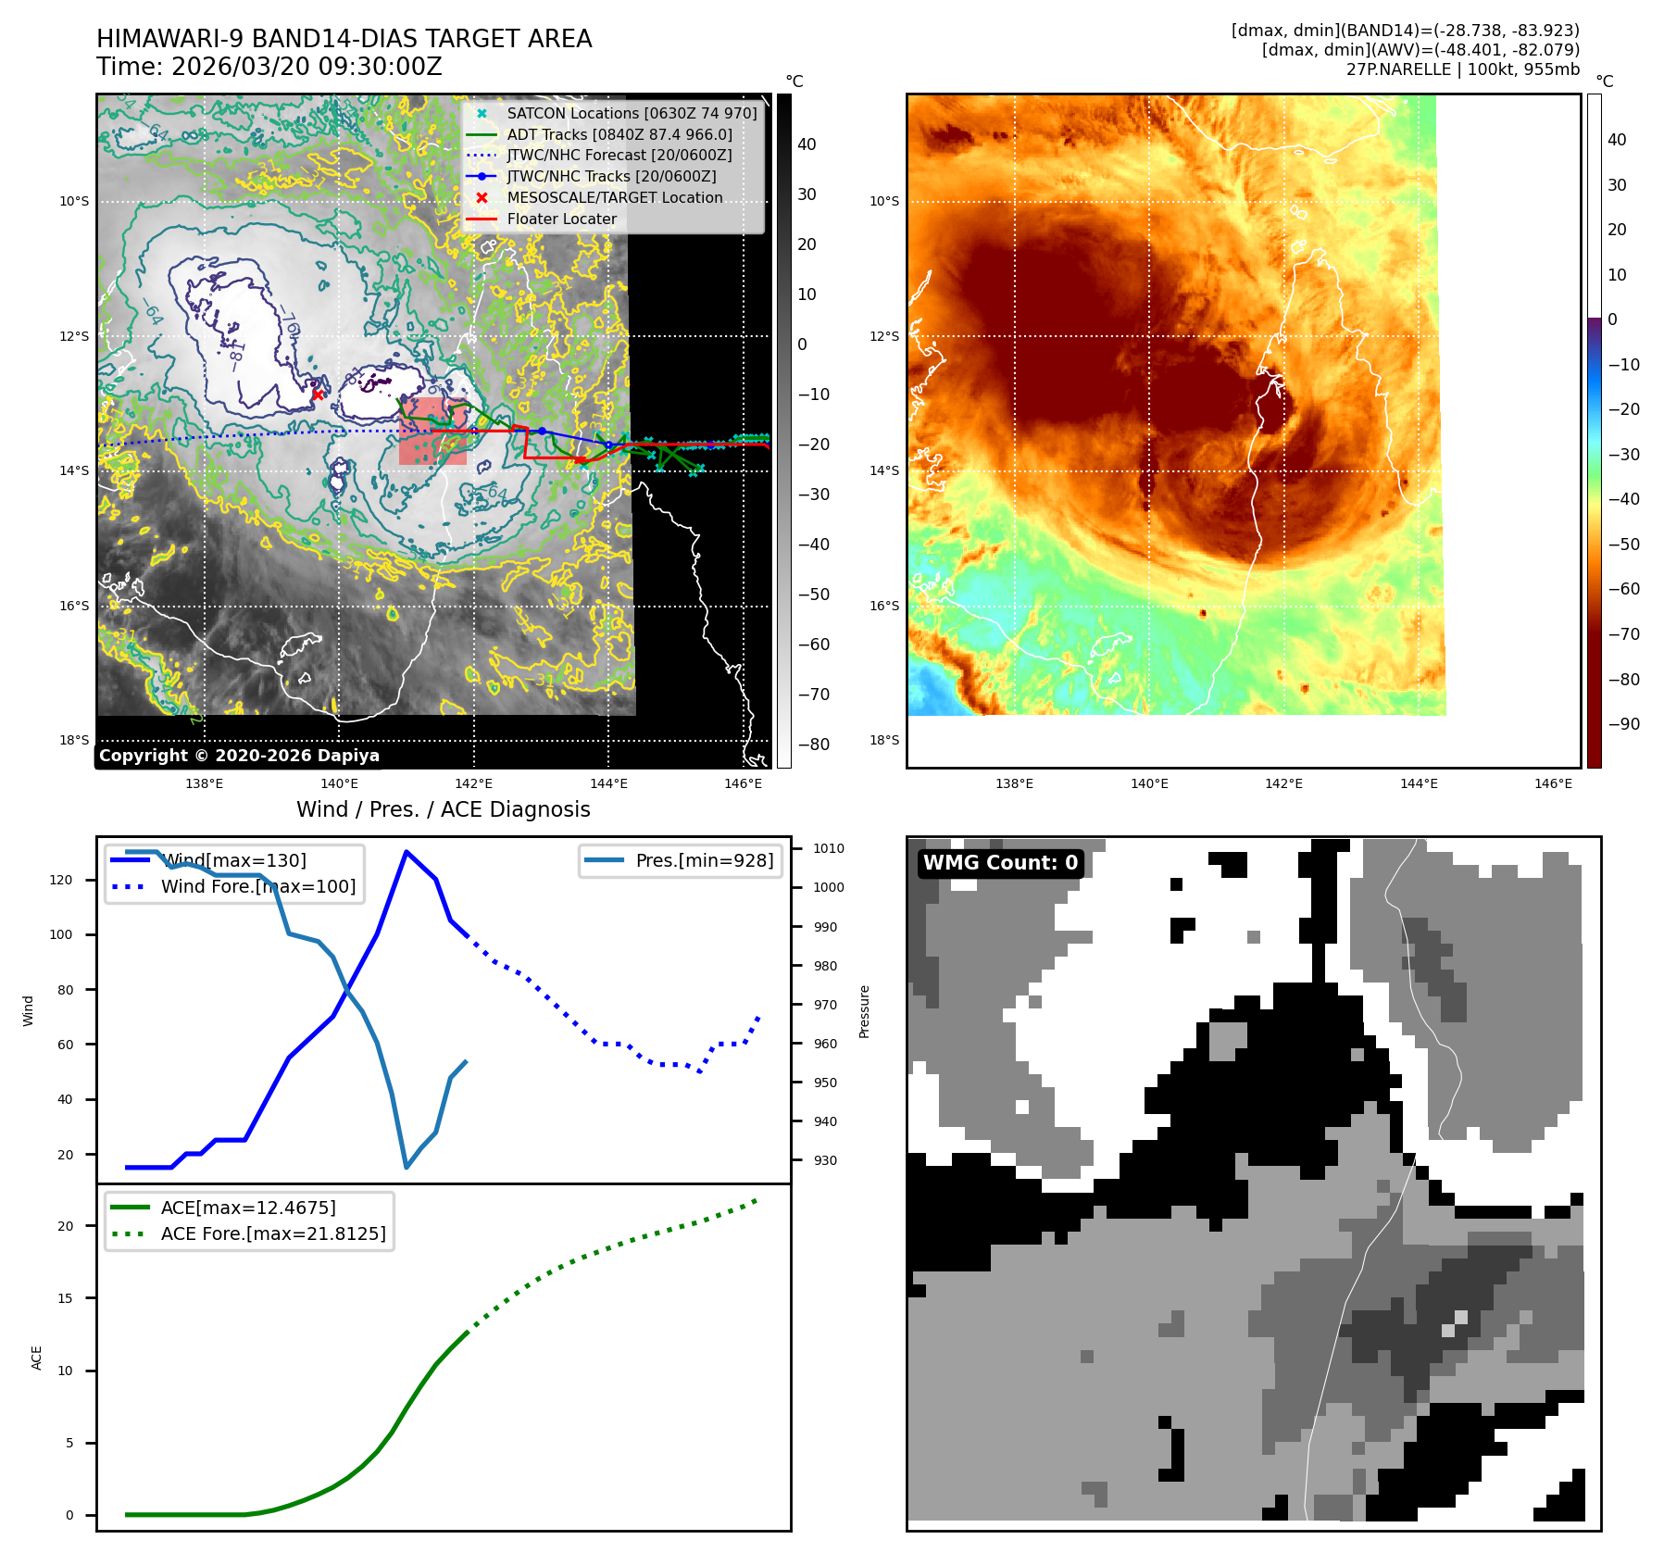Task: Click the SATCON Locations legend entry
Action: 631,113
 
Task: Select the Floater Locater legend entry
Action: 561,219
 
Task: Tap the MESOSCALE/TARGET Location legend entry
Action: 614,197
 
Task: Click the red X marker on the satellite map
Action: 318,394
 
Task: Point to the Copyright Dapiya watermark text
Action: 239,756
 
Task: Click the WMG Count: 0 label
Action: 1000,863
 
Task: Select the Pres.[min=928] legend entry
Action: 704,860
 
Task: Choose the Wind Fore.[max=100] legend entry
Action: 257,886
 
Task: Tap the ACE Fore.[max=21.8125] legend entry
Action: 272,1233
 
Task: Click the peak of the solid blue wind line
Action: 406,851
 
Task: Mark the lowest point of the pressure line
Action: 407,1167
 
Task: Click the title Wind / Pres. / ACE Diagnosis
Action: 443,809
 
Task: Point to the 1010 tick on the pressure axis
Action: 828,848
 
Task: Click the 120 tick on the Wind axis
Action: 61,880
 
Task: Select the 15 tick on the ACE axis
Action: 65,1298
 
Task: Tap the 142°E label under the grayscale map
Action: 473,783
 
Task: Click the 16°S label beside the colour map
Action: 883,606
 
